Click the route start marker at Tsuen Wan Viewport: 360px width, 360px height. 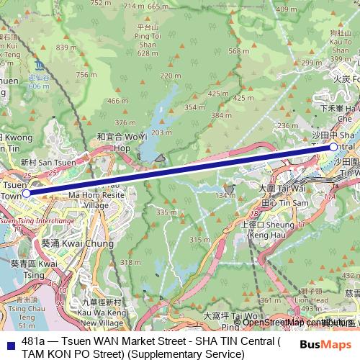(x=26, y=193)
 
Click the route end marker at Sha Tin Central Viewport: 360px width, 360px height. (x=333, y=147)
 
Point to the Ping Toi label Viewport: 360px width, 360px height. (x=148, y=39)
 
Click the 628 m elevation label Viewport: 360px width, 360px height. (x=148, y=53)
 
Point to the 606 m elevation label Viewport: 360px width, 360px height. (x=39, y=86)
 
